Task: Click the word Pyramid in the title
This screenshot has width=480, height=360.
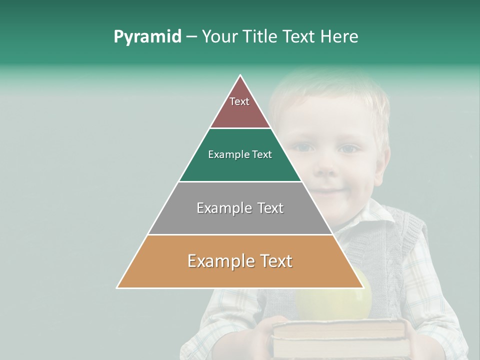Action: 147,37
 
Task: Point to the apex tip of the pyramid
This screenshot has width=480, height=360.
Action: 240,76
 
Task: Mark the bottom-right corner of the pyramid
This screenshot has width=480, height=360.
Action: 363,287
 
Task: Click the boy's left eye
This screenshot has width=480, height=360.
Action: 349,149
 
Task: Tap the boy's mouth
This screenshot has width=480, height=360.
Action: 327,191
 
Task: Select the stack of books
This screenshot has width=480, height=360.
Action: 340,337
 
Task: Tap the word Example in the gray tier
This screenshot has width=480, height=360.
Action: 220,208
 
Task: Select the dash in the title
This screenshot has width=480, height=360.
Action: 191,37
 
